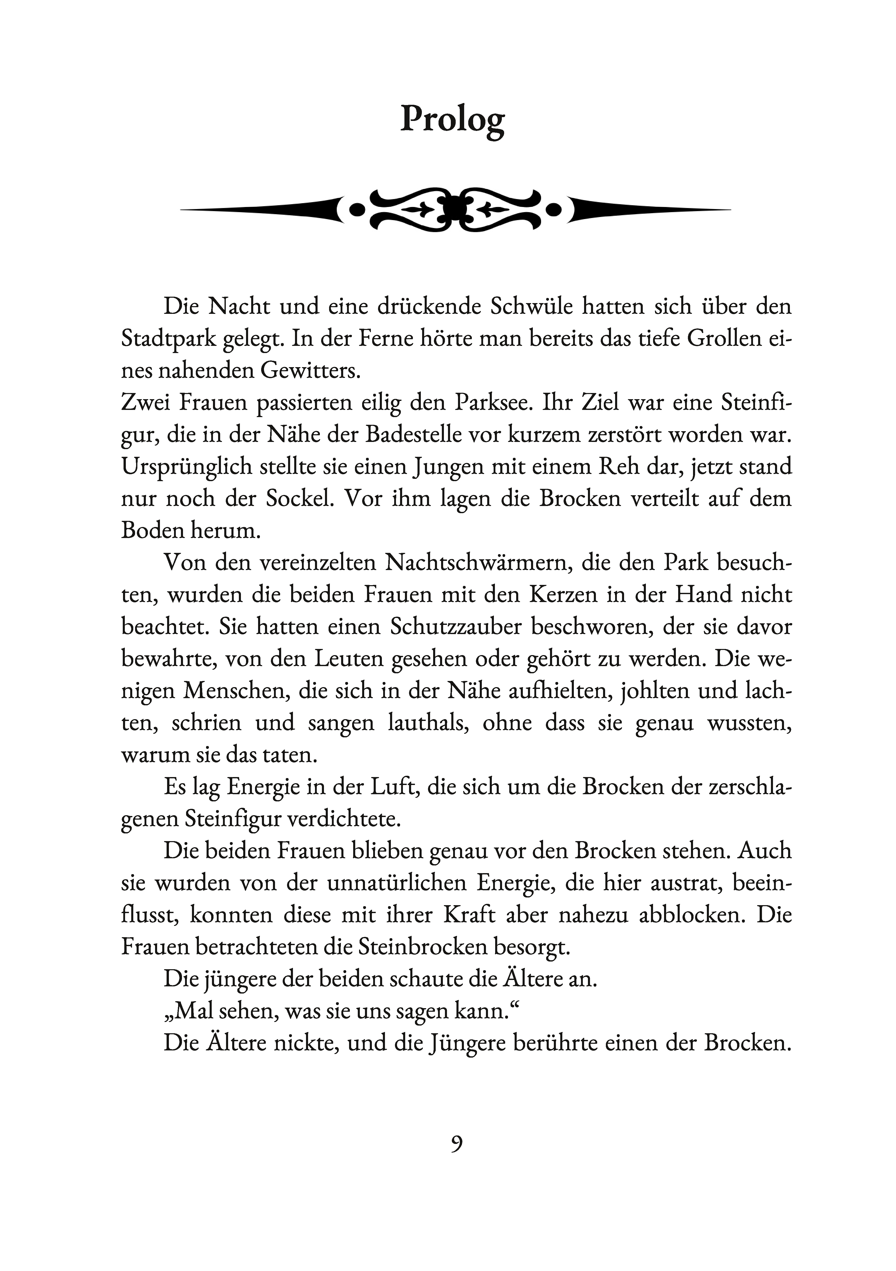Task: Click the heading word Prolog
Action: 452,119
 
